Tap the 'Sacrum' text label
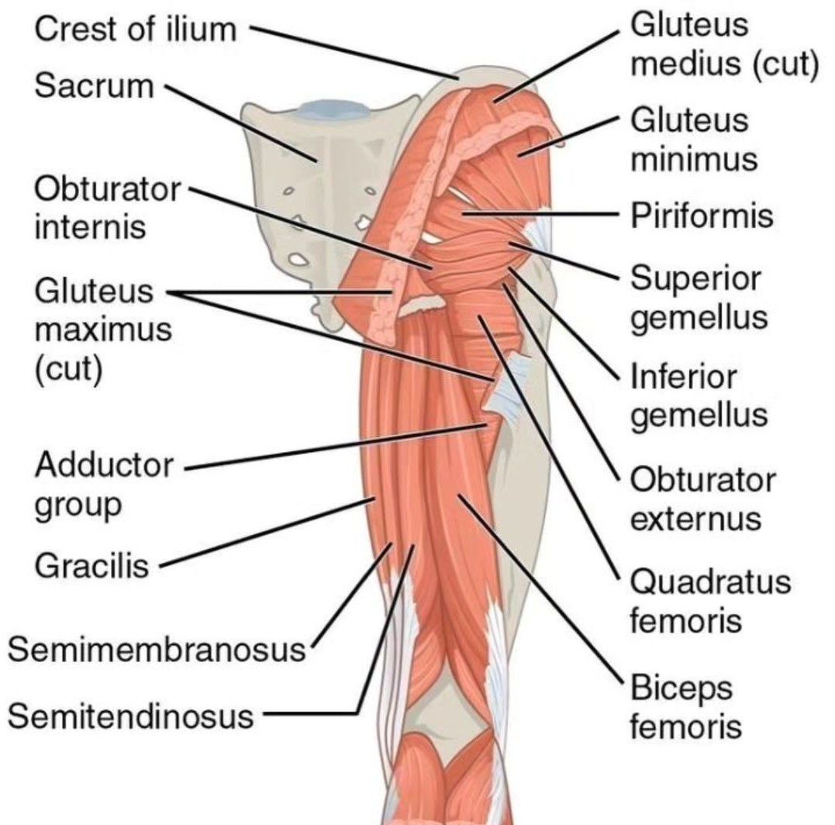coord(95,85)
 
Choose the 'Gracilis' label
coord(91,567)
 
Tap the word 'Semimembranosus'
coord(155,650)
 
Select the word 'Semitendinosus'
coord(130,716)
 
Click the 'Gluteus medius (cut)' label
coord(724,46)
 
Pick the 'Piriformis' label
coord(702,216)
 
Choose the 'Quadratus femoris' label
coord(710,602)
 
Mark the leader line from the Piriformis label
coord(543,212)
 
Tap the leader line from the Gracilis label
coord(264,535)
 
